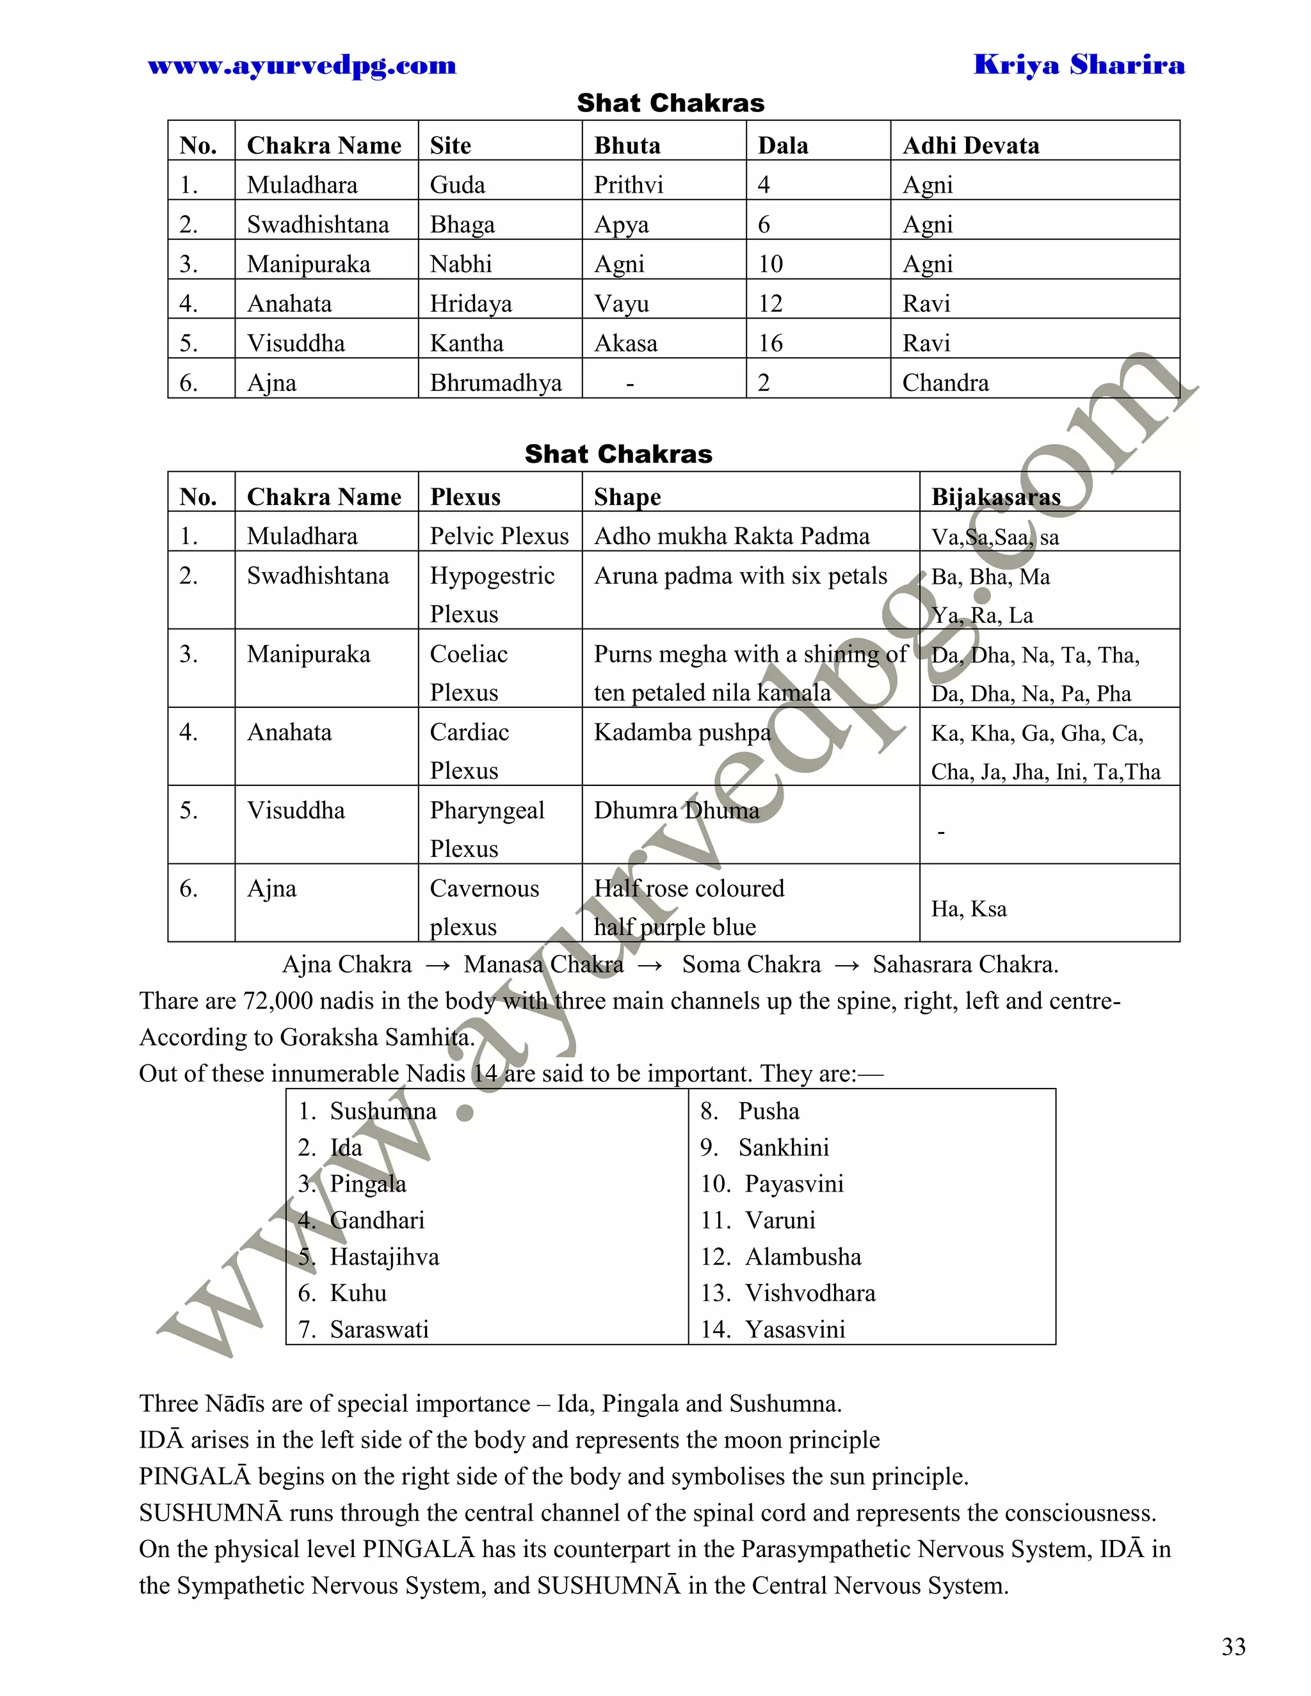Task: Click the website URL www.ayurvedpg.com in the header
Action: [302, 66]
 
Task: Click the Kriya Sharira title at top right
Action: [1079, 65]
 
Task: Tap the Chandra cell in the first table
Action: [945, 383]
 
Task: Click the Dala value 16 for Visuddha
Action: [771, 343]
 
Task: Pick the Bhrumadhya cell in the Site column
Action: [495, 383]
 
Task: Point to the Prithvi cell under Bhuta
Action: [629, 185]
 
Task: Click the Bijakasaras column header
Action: [995, 497]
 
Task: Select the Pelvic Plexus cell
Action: [499, 536]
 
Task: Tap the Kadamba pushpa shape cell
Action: [682, 732]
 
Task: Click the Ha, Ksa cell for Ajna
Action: [969, 909]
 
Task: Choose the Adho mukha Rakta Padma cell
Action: [731, 536]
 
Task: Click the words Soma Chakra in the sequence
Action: [751, 964]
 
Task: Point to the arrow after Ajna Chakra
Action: [438, 965]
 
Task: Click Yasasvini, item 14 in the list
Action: [794, 1329]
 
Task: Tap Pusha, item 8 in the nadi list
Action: [768, 1111]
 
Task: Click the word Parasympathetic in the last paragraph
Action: [826, 1549]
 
